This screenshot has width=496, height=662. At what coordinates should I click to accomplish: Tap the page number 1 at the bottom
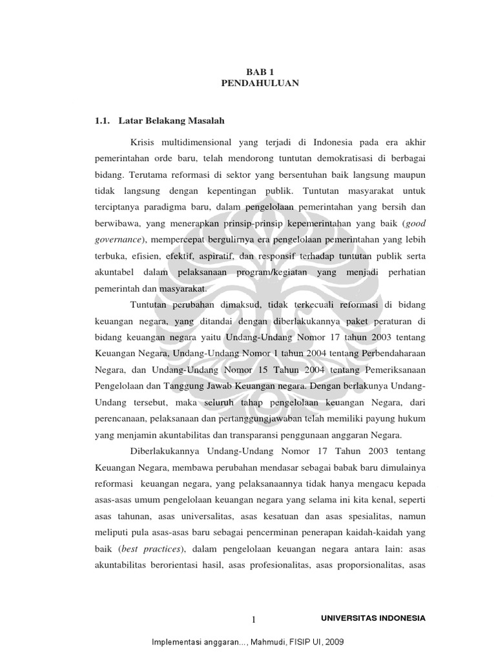(254, 619)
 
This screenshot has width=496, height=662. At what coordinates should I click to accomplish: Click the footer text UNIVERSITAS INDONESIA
(373, 618)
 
